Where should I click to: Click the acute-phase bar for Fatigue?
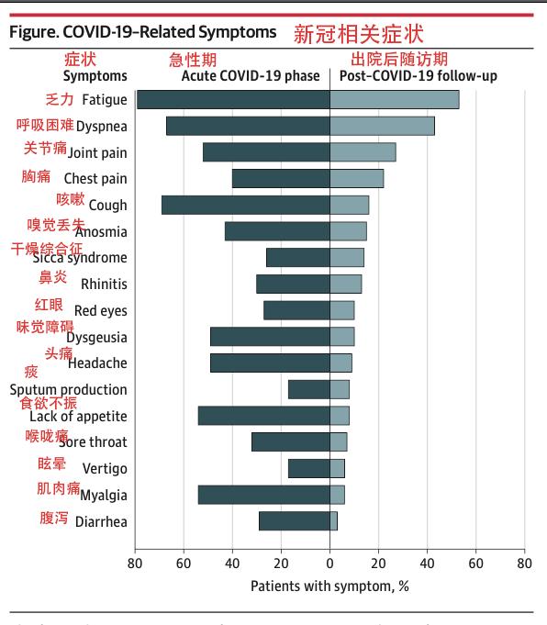(233, 100)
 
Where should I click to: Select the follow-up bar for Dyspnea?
(382, 127)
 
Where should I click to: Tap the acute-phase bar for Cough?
(245, 206)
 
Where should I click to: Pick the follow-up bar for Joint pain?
(363, 152)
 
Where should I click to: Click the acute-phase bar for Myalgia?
(263, 496)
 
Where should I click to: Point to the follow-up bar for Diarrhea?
(334, 521)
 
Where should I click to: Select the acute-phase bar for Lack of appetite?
(263, 416)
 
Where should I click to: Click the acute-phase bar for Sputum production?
(309, 390)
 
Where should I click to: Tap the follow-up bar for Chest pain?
(357, 179)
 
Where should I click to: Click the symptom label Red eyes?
(100, 311)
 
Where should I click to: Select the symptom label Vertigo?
(105, 469)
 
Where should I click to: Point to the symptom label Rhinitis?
(104, 285)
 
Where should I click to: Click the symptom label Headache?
(97, 363)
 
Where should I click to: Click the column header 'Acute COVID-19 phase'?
(251, 76)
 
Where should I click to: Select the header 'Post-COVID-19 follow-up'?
(419, 76)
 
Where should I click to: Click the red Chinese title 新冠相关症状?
(358, 34)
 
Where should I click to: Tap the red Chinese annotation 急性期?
(193, 60)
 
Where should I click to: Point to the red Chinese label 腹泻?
(54, 519)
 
